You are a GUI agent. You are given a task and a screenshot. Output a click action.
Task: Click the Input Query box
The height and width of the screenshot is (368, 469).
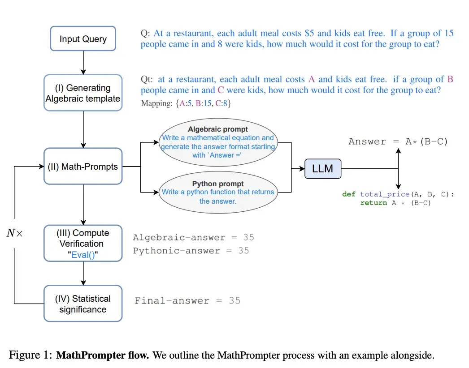[83, 39]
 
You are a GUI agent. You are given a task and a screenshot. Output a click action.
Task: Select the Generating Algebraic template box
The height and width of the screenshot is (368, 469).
[83, 93]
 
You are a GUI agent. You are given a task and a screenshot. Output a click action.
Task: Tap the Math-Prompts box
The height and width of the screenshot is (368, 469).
[83, 167]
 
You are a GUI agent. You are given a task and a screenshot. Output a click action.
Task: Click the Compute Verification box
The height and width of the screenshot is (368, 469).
[83, 243]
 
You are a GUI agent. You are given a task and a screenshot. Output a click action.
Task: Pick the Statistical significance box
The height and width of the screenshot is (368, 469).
[83, 304]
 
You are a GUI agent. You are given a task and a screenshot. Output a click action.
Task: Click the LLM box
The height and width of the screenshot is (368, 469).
[322, 169]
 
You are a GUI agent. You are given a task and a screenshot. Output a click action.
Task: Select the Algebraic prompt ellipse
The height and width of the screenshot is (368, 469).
[218, 142]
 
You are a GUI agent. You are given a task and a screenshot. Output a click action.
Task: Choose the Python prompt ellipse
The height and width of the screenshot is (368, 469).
[218, 193]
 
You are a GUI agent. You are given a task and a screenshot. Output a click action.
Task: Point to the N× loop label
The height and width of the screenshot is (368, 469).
[14, 233]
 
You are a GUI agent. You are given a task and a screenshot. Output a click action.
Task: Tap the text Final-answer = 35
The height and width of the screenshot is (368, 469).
[187, 300]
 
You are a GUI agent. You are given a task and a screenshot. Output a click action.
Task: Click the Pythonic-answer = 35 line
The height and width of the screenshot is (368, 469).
[191, 250]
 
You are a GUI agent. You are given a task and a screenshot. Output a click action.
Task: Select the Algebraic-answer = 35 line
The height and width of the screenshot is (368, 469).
[193, 237]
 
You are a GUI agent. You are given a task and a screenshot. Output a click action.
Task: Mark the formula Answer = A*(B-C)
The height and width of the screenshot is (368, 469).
[398, 141]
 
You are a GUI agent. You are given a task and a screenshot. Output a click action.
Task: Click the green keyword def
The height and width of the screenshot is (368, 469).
[349, 194]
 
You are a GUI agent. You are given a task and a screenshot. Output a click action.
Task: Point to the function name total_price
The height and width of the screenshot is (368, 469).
[385, 194]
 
